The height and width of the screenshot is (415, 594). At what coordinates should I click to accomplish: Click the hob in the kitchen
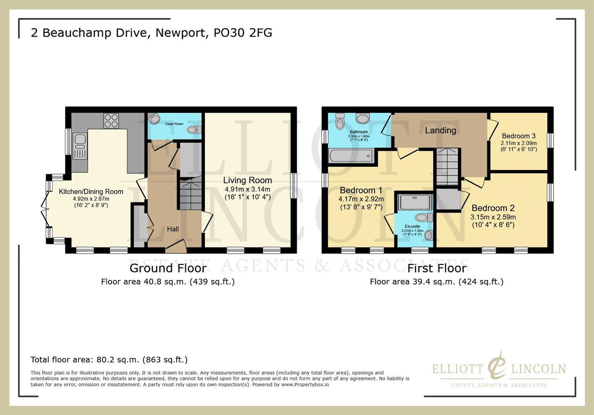[111, 120]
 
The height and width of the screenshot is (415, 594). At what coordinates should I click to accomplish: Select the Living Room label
[247, 180]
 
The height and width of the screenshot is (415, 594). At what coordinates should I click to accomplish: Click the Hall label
[173, 229]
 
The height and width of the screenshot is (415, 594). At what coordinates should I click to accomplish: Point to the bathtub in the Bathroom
[351, 156]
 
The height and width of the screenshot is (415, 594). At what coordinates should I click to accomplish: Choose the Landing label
[440, 130]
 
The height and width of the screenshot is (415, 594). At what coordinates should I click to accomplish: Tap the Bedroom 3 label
[519, 136]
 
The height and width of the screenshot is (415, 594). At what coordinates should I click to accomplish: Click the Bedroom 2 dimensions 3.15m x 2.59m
[493, 217]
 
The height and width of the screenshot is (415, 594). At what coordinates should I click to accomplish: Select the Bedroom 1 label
[361, 190]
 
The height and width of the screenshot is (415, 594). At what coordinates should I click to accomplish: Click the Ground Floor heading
[168, 268]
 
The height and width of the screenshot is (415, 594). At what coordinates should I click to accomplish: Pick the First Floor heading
[437, 268]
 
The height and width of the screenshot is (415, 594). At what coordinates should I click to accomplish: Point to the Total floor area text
[109, 360]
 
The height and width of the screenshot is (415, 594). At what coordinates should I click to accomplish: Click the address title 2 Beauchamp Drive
[151, 33]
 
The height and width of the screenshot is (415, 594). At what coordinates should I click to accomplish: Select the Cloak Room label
[174, 124]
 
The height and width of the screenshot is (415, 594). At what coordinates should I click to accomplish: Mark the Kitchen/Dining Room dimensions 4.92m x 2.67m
[91, 199]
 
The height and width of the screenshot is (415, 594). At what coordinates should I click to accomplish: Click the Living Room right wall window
[293, 186]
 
